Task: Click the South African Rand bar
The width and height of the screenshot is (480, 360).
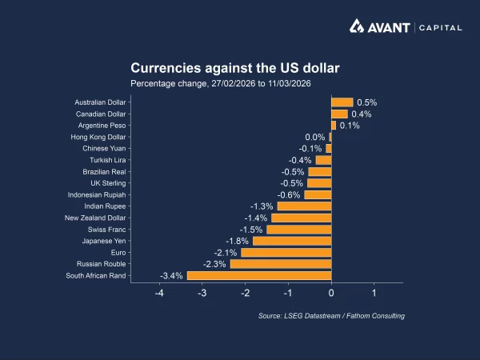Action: click(259, 276)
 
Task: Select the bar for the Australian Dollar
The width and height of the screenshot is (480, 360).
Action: click(342, 102)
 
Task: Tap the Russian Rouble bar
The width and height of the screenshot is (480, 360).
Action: click(281, 264)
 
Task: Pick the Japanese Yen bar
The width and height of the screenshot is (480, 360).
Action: click(292, 241)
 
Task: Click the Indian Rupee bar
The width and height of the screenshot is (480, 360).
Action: click(304, 206)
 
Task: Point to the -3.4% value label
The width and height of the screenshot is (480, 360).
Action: click(172, 276)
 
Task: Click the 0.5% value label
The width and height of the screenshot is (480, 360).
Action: click(366, 102)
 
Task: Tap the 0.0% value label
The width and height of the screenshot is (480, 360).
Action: click(315, 137)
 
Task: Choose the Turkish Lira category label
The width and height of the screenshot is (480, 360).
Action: click(105, 160)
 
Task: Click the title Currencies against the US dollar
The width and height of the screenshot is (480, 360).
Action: click(235, 68)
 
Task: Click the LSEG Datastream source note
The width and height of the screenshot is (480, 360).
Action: click(331, 316)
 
